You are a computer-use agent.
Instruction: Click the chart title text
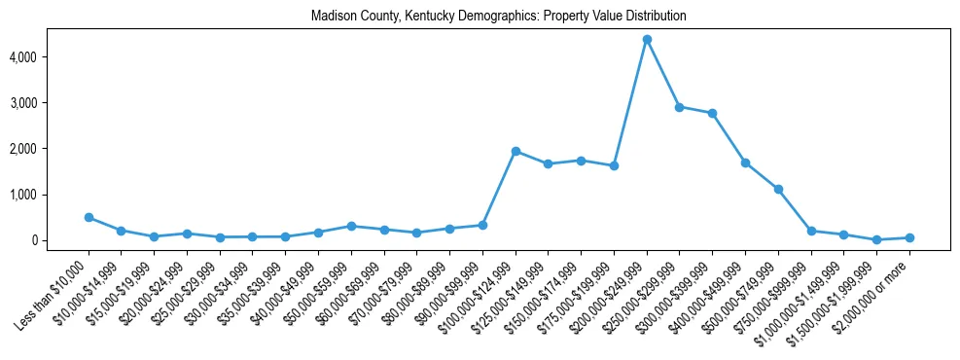[x=499, y=17]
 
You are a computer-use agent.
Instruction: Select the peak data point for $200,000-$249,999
[x=647, y=39]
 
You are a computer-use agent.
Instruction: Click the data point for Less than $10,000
[x=89, y=217]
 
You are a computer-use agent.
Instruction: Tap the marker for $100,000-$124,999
[x=516, y=151]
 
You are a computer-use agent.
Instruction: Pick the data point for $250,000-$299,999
[x=680, y=107]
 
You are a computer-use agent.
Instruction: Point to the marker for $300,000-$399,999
[x=713, y=113]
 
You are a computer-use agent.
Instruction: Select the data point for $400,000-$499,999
[x=745, y=162]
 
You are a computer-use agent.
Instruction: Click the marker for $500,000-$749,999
[x=778, y=189]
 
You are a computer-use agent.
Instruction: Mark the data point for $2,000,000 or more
[x=909, y=237]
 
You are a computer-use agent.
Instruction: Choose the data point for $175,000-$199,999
[x=614, y=165]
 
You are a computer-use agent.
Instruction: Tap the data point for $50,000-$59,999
[x=351, y=226]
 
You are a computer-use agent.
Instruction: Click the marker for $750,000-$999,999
[x=811, y=231]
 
